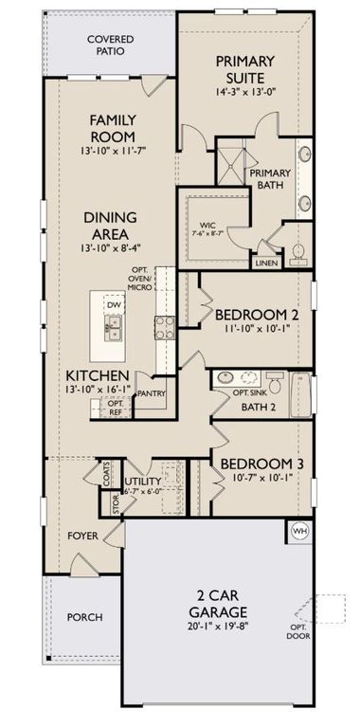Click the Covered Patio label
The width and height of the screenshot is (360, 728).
point(110,45)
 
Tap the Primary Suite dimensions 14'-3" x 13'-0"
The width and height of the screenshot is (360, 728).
point(251,94)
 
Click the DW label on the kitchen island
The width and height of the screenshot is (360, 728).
point(113,306)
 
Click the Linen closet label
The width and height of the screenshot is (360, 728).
point(263,264)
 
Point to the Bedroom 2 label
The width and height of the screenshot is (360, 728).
point(252,315)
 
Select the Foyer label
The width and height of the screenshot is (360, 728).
point(82,536)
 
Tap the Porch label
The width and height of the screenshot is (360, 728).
point(83,617)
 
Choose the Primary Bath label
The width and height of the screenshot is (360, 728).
point(268,180)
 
